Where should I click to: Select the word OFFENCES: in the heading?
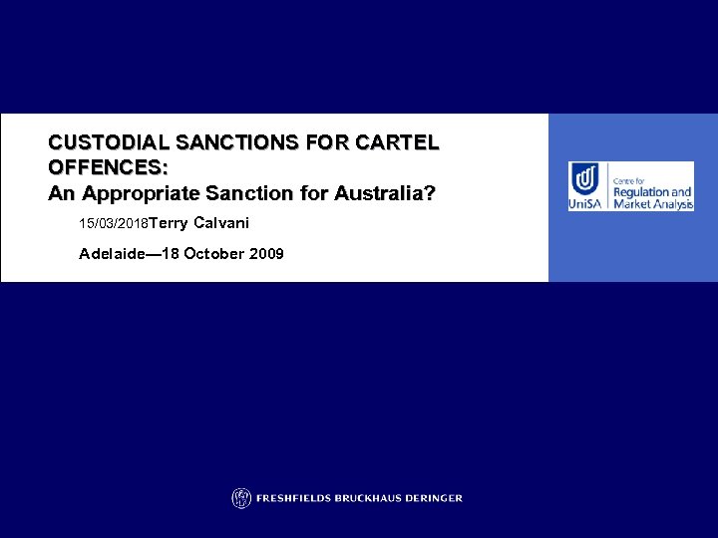(x=108, y=167)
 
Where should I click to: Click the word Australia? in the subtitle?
(x=385, y=192)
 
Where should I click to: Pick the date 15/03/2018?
(x=115, y=223)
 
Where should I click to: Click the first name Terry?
(x=170, y=222)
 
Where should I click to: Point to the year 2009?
(x=267, y=254)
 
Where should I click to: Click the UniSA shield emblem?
(x=584, y=178)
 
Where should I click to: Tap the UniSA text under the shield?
(x=586, y=203)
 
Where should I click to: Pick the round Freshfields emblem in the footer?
(x=240, y=498)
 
